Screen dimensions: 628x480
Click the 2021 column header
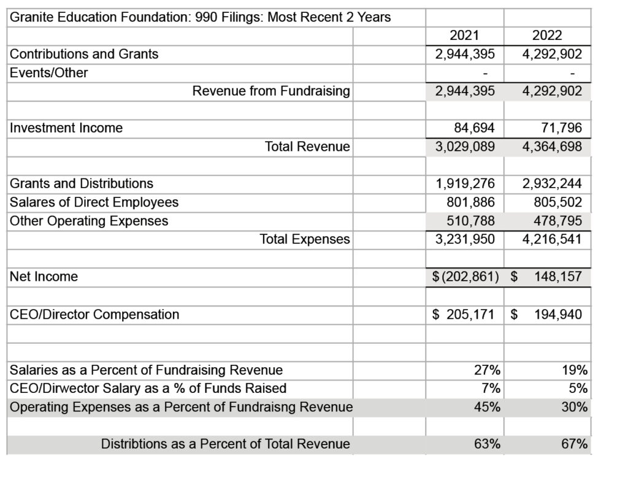pos(464,35)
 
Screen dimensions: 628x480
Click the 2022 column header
pos(547,35)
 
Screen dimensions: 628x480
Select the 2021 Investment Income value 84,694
pos(474,128)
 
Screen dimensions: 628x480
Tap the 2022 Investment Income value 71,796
pos(562,128)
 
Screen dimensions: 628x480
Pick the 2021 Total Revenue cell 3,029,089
pos(465,147)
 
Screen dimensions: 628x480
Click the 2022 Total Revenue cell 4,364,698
pos(552,147)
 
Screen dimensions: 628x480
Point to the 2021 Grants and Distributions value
pos(465,183)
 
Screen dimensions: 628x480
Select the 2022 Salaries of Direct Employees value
pos(558,202)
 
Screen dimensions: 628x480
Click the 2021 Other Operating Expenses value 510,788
pos(470,221)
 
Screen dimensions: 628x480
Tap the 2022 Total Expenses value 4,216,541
pos(552,239)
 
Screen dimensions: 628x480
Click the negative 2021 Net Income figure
pos(466,276)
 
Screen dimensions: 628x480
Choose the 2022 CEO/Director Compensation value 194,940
pos(558,314)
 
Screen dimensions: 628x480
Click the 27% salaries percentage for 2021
pos(488,370)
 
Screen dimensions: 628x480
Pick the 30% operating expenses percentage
pos(574,406)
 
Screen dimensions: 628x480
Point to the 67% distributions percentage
pos(574,444)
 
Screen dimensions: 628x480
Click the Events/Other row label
pos(48,72)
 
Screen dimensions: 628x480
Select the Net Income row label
pos(44,276)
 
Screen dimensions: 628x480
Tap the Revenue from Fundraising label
pos(271,91)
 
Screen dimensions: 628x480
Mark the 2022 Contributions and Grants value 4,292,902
pos(552,54)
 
